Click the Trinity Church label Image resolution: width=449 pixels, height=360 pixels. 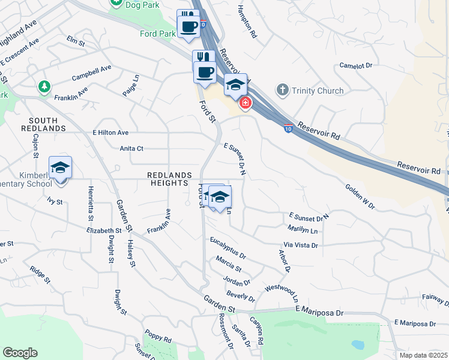coord(318,91)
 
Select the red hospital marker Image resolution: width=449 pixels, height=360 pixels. coord(245,104)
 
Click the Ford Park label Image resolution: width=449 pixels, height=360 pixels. coord(157,34)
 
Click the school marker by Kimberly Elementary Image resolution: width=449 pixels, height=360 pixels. coord(60,167)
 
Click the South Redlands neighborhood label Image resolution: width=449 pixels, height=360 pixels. coord(43,124)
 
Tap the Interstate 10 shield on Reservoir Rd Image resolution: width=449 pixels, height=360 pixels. coord(289,128)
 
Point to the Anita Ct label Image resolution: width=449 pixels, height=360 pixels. coord(131,148)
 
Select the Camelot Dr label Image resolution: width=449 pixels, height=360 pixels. coord(356,65)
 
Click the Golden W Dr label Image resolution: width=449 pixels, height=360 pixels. coord(360,197)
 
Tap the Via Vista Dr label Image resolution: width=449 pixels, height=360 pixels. coord(300,245)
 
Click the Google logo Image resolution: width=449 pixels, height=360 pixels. coord(20,353)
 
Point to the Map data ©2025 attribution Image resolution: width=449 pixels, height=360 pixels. coord(424,355)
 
